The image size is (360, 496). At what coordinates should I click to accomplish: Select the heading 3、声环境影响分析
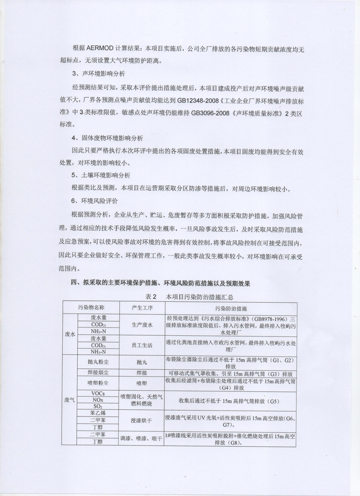[x=99, y=74]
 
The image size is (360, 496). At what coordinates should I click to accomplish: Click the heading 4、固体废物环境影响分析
[x=107, y=138]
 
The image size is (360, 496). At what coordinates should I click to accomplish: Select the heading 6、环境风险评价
[x=95, y=201]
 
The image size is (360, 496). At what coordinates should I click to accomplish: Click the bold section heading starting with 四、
[x=160, y=283]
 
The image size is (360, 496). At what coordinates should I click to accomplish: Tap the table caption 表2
[x=151, y=297]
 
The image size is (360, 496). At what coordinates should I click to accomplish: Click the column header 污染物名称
[x=91, y=308]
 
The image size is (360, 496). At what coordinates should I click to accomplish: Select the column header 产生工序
[x=142, y=308]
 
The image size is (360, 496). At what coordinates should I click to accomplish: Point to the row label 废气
[x=70, y=400]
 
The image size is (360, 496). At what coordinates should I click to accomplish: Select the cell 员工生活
[x=142, y=345]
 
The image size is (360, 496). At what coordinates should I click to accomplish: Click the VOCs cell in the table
[x=98, y=393]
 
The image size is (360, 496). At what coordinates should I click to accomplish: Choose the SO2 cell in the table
[x=98, y=406]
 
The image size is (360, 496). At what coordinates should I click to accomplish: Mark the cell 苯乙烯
[x=98, y=413]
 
